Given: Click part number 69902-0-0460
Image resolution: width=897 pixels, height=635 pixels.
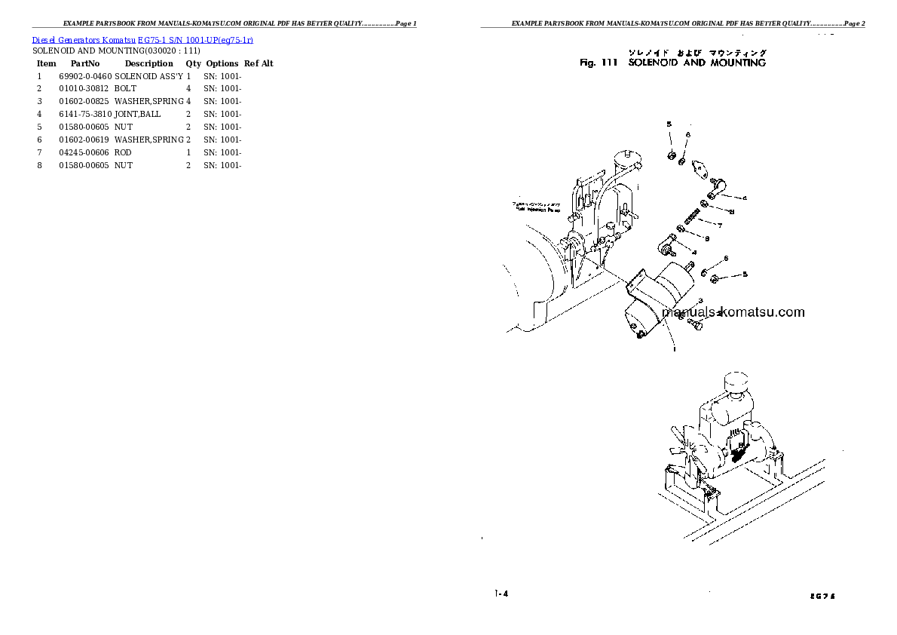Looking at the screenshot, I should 84,76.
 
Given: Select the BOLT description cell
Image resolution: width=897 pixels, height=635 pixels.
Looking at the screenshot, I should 126,89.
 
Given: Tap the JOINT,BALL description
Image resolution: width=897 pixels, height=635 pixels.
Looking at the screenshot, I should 138,115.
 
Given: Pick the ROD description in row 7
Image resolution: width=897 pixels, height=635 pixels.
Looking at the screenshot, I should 123,153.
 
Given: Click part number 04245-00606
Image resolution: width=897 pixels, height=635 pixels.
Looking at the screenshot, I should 84,153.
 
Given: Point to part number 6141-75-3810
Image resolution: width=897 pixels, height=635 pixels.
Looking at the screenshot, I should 84,115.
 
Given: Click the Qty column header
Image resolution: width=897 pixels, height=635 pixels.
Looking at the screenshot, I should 194,64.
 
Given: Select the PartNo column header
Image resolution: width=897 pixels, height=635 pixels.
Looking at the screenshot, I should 85,64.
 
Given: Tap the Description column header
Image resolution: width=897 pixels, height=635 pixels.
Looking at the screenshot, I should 148,64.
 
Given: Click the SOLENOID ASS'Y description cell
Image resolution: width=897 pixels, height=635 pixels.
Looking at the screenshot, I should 148,76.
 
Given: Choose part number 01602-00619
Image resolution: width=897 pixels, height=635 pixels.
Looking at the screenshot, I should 84,140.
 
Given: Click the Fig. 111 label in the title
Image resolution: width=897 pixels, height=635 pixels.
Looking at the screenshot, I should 599,63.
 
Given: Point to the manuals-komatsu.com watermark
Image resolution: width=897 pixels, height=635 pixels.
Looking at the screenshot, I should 733,312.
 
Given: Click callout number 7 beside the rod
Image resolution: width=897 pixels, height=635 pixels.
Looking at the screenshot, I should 720,225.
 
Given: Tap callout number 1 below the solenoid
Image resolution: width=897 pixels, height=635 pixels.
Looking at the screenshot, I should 673,349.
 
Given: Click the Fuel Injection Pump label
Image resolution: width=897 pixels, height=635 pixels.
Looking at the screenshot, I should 536,207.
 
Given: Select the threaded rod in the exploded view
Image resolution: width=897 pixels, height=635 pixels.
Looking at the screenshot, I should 694,220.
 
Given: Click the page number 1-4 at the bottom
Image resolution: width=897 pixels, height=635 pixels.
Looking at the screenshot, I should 502,594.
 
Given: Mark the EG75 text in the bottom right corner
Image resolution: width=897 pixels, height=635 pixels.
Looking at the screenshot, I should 824,596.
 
